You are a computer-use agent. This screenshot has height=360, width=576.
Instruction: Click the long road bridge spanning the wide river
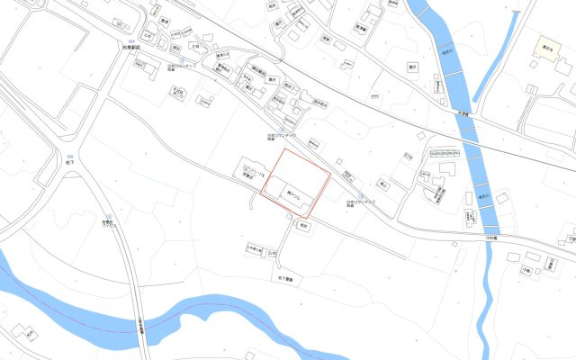[137, 297]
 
